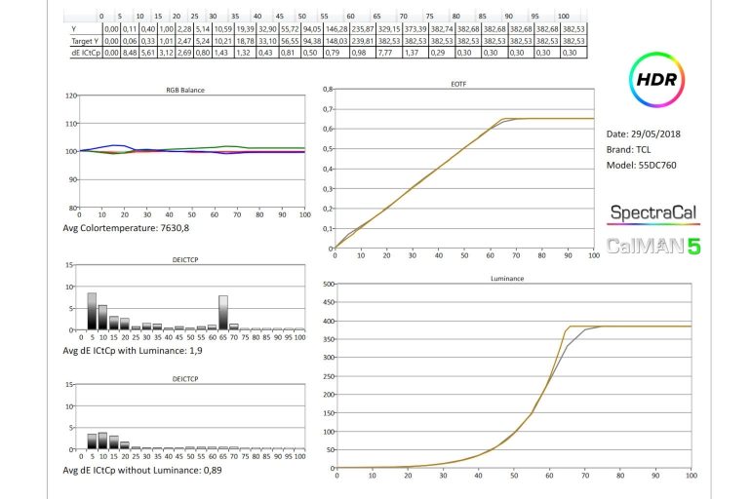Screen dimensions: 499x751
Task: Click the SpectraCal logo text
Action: [652, 211]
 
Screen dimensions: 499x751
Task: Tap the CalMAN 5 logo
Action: [652, 245]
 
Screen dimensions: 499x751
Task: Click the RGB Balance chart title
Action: [191, 90]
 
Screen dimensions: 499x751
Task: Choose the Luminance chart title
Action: [512, 279]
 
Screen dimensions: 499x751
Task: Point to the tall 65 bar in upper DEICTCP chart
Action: [222, 313]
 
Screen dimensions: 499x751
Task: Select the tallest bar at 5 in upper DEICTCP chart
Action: [92, 311]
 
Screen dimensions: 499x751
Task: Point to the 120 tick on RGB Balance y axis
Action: [69, 96]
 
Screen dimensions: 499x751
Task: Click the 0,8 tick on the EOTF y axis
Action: [327, 89]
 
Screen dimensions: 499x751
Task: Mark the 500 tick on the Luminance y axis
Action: [329, 285]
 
